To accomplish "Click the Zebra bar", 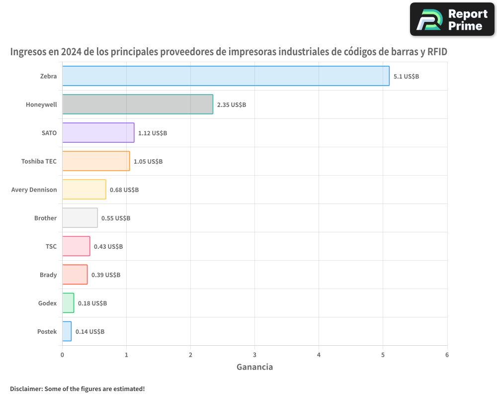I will (x=226, y=76).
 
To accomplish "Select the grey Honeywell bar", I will (x=138, y=104).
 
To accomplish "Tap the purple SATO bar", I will (x=98, y=133).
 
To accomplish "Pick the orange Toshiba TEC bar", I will (x=96, y=161).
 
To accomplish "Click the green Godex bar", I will (x=68, y=303).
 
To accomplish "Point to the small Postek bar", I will (x=67, y=331).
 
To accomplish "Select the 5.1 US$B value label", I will (x=406, y=77).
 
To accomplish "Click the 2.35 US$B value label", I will (x=232, y=105).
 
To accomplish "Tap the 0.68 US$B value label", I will (x=124, y=190).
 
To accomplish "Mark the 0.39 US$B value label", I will (x=106, y=275).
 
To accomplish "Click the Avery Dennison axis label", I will (x=34, y=190).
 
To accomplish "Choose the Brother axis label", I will (x=45, y=218).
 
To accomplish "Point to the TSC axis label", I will (x=51, y=246).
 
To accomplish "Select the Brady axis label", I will (x=48, y=275).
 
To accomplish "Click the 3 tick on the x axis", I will (x=254, y=355).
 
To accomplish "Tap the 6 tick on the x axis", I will (x=447, y=355).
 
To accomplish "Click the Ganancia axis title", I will (x=254, y=367).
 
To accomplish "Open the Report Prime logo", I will (x=452, y=19).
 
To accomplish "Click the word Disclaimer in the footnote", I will (x=26, y=389).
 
